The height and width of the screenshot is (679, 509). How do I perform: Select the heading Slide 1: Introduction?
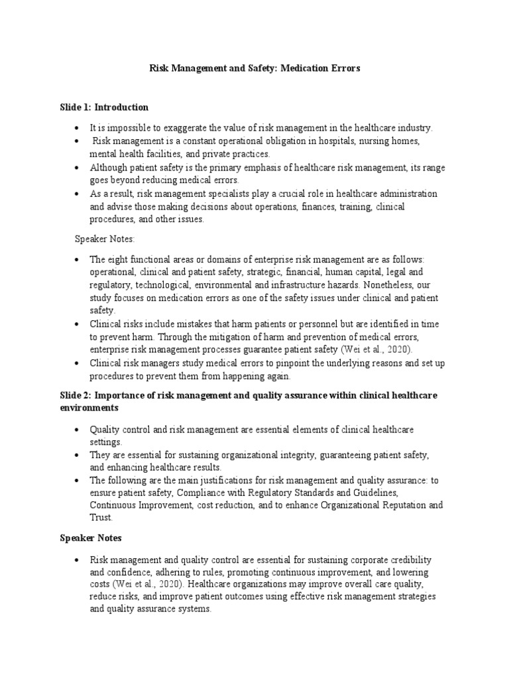click(104, 107)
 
